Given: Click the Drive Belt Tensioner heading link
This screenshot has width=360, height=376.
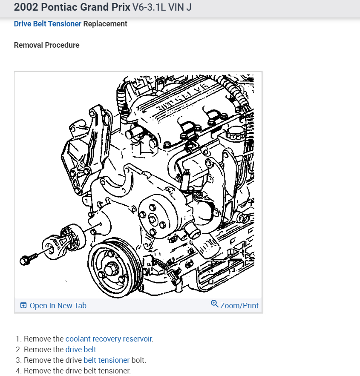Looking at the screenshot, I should point(47,24).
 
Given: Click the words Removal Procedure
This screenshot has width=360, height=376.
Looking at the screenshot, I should point(46,45).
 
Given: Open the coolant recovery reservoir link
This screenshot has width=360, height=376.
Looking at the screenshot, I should point(109,339).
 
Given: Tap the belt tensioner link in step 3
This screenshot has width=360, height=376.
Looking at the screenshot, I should point(107,360).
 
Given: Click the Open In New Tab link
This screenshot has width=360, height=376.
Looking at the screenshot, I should point(58,305).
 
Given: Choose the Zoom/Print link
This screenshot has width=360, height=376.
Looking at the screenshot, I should point(239,305).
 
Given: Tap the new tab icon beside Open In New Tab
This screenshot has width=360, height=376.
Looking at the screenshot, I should point(23,305).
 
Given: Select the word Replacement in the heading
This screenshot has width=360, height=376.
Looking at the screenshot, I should point(105,24).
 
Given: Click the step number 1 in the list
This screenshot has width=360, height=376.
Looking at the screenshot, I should point(18,339).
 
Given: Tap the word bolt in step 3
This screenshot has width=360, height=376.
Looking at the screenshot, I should point(139,360).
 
